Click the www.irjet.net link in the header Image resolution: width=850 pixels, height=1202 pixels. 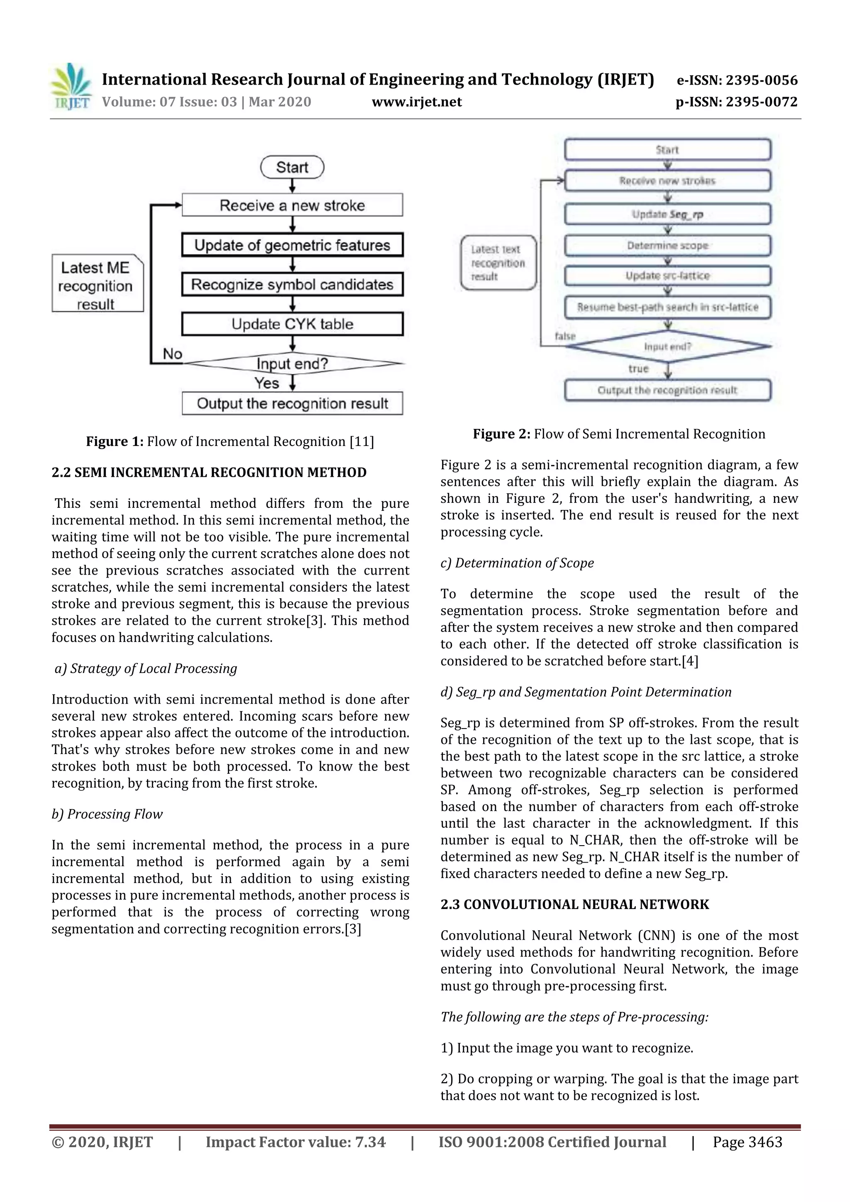click(416, 102)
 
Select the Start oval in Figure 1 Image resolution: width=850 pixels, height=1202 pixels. click(292, 168)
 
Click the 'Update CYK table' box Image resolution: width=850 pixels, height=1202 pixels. click(292, 324)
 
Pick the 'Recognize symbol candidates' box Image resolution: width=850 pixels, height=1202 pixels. click(292, 285)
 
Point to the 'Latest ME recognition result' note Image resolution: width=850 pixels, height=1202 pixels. click(97, 285)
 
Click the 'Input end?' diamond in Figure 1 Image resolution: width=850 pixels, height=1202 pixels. click(292, 363)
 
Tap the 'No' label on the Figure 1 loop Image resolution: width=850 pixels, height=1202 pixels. click(172, 354)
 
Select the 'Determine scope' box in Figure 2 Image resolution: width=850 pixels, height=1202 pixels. click(667, 246)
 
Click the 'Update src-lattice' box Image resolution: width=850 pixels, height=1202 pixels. click(667, 276)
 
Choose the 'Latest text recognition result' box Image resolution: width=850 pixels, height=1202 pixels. click(498, 263)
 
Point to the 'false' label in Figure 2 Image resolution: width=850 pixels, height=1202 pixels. click(565, 336)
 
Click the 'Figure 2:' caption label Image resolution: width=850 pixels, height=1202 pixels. click(501, 434)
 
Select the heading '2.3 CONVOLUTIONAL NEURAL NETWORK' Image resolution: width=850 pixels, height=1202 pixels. click(574, 905)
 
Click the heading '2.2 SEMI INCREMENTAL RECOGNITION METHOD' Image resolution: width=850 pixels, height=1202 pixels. click(209, 472)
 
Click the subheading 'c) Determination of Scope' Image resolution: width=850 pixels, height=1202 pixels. click(517, 563)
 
